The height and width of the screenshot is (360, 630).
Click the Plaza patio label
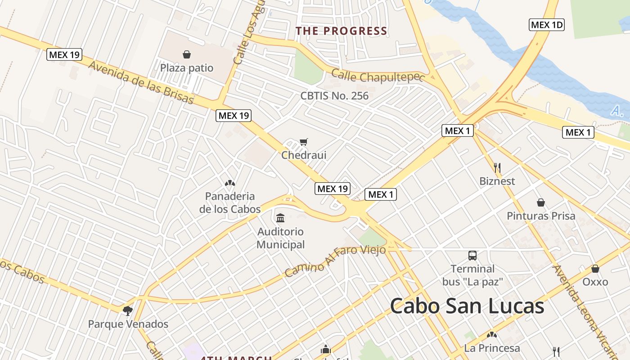[x=187, y=68]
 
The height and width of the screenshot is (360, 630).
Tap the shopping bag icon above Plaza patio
[x=187, y=54]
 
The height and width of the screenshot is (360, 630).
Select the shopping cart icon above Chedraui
[x=304, y=142]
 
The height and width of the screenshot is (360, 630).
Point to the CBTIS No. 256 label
[x=334, y=96]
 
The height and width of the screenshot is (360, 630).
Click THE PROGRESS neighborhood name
[x=341, y=31]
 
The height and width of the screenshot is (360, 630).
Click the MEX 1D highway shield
[x=546, y=25]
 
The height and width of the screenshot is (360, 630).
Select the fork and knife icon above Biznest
[x=497, y=168]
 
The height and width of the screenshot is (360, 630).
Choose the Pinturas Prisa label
[x=541, y=216]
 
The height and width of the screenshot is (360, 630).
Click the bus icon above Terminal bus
[x=472, y=256]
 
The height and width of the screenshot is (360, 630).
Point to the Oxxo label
[x=595, y=282]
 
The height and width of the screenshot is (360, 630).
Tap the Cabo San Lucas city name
[x=467, y=306]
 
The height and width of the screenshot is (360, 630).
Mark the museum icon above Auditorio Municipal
[x=280, y=218]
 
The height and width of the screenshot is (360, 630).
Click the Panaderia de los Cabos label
[x=230, y=202]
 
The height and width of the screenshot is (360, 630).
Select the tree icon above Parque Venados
[x=128, y=310]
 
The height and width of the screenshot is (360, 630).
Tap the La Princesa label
[x=492, y=348]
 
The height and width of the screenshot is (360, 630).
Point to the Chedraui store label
[x=304, y=155]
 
